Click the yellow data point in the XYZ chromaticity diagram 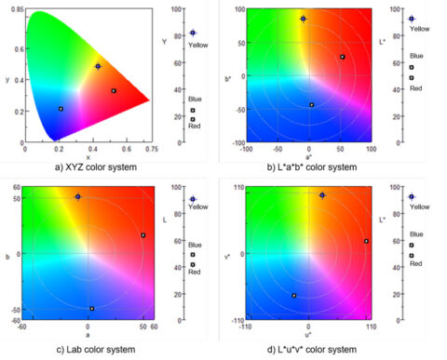pos(98,66)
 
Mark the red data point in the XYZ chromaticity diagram pos(114,90)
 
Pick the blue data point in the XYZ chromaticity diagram pos(61,109)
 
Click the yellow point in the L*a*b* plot pos(303,19)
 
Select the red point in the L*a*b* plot pos(342,57)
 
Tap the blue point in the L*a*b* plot pos(311,104)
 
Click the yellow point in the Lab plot pos(78,196)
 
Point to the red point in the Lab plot pos(142,235)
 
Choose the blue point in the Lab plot pos(91,308)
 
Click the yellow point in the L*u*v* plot pos(321,195)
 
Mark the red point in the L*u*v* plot pos(366,241)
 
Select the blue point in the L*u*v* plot pos(294,296)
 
